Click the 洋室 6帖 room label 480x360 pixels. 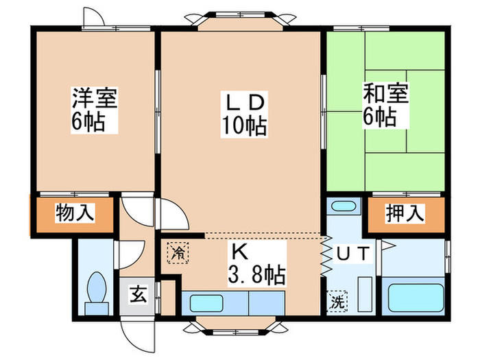[x=95, y=110]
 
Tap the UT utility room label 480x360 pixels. [x=353, y=253]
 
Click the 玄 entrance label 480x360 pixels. [x=138, y=296]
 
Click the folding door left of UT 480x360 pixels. [x=325, y=257]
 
